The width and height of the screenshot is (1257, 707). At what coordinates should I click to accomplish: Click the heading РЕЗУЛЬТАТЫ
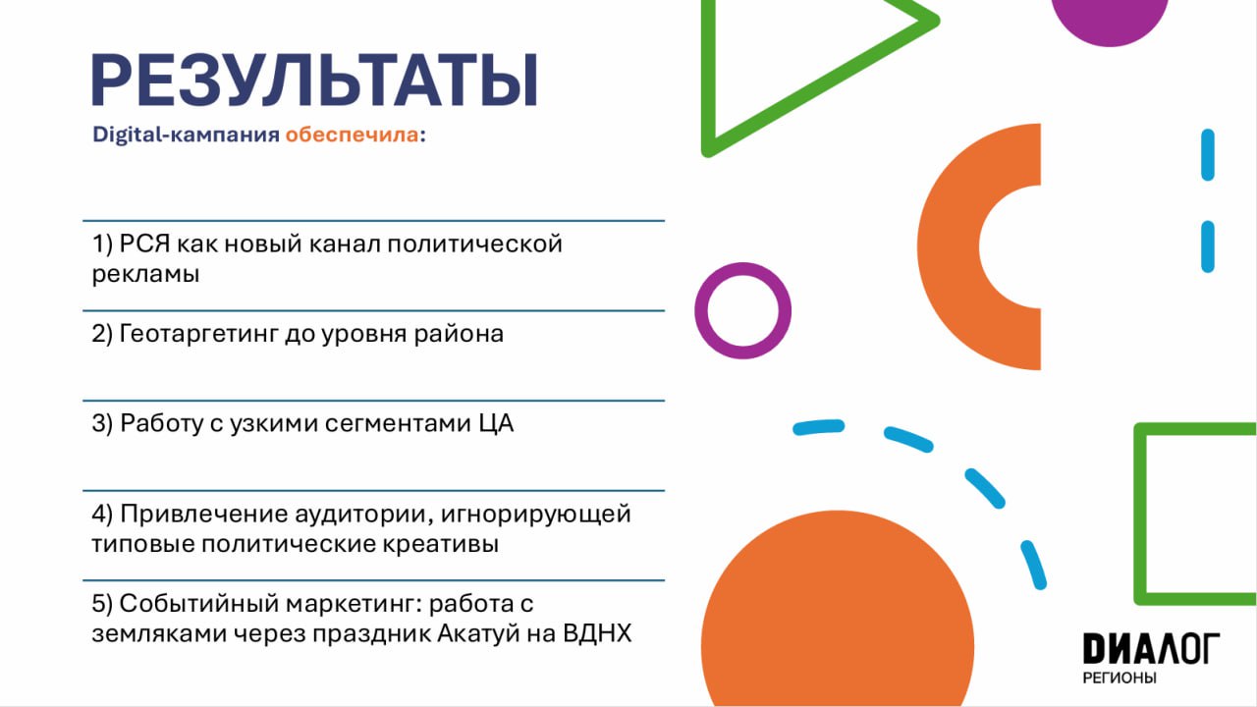point(315,80)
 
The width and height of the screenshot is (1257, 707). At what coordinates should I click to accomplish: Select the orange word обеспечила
point(352,135)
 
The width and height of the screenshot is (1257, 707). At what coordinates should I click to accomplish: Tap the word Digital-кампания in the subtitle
point(186,135)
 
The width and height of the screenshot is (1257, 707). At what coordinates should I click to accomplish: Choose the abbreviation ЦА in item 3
point(496,424)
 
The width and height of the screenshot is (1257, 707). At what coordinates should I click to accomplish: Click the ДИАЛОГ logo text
point(1152,648)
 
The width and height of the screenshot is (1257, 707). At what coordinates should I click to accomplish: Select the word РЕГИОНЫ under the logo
point(1120,678)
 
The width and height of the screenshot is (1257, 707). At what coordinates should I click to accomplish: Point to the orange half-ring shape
point(949,246)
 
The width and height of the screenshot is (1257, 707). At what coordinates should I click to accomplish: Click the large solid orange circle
point(838,618)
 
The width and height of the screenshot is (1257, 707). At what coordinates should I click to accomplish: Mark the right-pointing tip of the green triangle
point(938,22)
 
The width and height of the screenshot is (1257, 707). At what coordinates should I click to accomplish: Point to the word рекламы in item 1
point(146,275)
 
